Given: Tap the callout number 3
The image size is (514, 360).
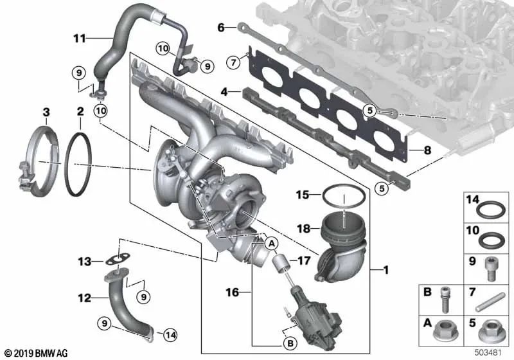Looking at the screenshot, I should [46, 113].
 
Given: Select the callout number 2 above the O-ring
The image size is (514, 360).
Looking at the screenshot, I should [80, 113].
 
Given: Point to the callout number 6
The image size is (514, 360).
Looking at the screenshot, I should [221, 28].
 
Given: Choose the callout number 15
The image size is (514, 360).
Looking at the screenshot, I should [302, 194].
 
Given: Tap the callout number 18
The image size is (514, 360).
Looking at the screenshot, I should [302, 228].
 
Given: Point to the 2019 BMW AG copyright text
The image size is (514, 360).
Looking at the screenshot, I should [36, 352].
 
